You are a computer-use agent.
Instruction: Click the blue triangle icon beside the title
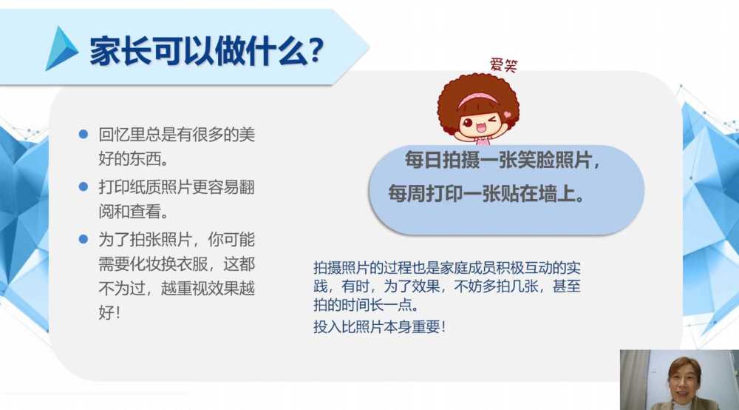[61, 49]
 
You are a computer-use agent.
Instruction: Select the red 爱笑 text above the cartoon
[503, 64]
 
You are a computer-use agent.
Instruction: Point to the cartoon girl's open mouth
[481, 128]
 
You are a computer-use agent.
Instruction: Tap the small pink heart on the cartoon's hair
[507, 114]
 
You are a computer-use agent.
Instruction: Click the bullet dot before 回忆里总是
[84, 134]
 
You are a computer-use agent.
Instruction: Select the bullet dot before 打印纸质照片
[84, 186]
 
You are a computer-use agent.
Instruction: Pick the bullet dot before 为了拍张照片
[84, 239]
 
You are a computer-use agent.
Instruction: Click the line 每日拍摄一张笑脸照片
[503, 160]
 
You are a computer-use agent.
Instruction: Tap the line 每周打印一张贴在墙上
[486, 193]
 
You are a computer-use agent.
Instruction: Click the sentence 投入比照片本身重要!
[379, 326]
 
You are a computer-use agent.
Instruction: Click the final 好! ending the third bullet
[109, 312]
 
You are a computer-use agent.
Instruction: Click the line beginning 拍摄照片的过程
[447, 268]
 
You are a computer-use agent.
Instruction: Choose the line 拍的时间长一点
[367, 305]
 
